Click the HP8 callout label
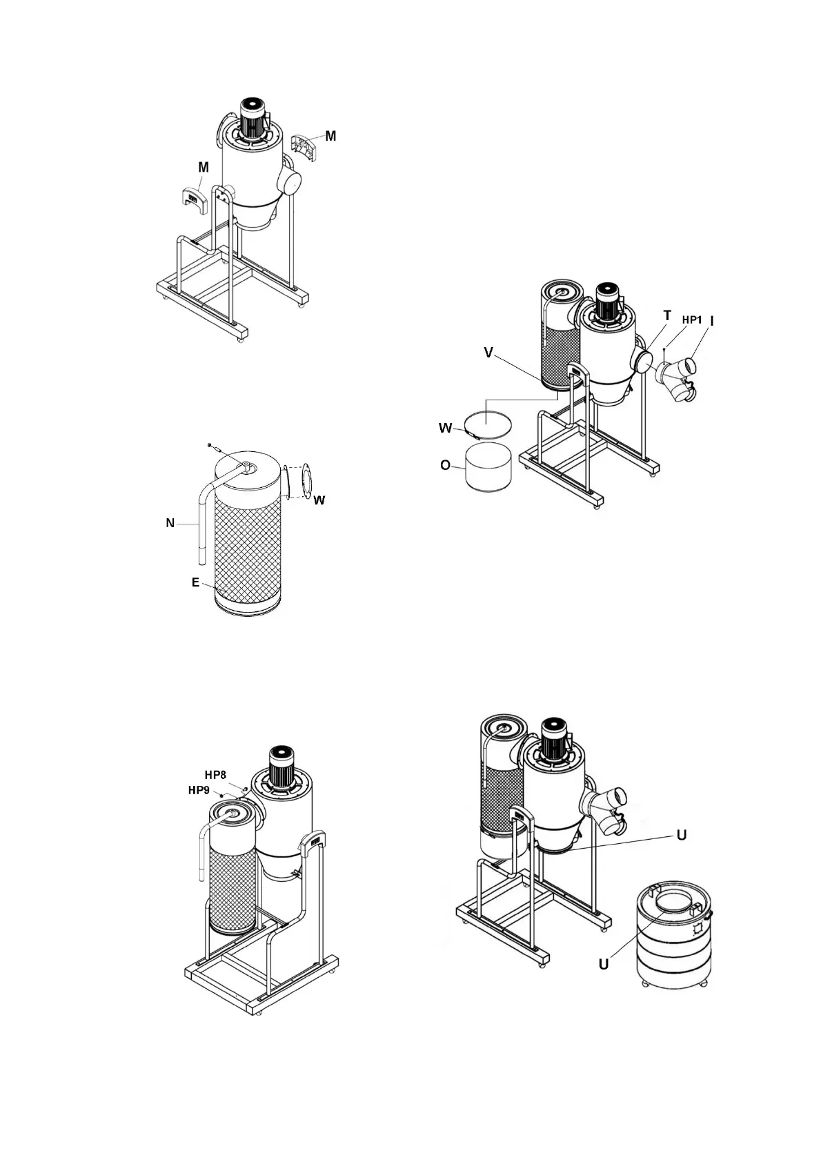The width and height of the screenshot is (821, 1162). (215, 774)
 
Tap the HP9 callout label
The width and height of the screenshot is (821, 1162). (199, 790)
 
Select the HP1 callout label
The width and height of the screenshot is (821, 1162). (692, 320)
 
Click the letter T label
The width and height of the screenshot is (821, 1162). (667, 315)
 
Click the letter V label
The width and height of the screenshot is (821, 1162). (488, 353)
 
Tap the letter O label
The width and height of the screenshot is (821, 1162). (445, 466)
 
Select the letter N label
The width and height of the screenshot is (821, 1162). (170, 523)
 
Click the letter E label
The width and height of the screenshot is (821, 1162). (195, 582)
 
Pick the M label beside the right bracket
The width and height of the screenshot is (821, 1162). (330, 136)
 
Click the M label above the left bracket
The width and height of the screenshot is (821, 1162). (204, 167)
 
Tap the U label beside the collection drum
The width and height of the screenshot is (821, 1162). (604, 964)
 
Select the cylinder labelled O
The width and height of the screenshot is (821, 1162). (488, 466)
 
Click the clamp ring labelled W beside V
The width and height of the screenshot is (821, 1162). (487, 422)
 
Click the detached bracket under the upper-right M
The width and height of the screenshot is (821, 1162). (304, 149)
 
